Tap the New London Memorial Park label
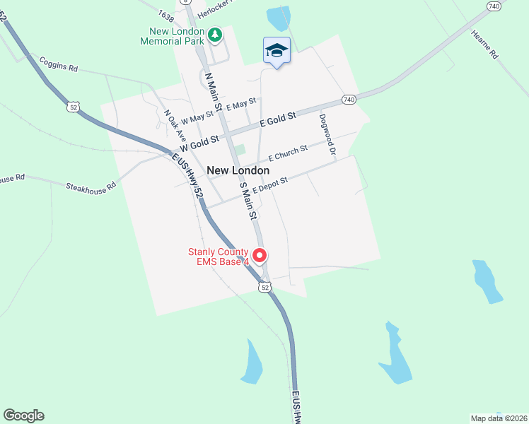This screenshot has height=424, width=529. coord(177,37)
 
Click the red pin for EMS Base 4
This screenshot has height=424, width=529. coord(260,255)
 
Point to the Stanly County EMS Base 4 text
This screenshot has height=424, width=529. coord(219,257)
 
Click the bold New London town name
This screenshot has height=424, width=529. coord(238,171)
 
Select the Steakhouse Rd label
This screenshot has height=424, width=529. coord(90,188)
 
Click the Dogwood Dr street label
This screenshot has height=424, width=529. coord(327,134)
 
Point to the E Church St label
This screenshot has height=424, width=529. coord(287,152)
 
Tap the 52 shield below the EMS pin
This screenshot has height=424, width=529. coord(264,287)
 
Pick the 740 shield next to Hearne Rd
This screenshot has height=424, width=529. coord(494,6)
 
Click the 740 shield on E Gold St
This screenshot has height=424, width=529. coord(348,100)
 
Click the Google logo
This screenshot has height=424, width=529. coord(23,416)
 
